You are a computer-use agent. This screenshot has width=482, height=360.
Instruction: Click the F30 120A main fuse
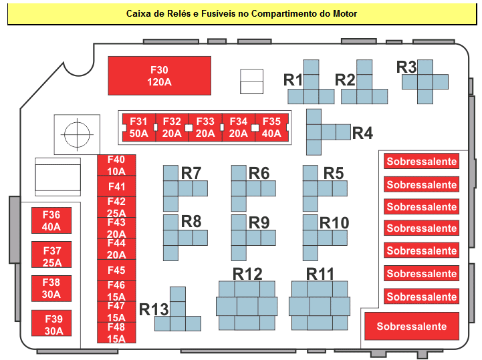(159, 75)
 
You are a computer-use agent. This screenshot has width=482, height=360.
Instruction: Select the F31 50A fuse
(139, 128)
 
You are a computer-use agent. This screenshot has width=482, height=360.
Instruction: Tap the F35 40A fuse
(271, 128)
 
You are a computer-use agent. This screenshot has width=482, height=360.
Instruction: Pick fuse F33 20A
(205, 128)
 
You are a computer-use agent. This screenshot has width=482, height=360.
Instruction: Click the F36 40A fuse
(51, 220)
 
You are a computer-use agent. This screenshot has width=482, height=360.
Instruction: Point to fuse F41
(116, 186)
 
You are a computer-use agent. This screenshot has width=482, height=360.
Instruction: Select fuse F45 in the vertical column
(116, 270)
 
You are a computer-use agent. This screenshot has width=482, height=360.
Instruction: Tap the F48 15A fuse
(116, 333)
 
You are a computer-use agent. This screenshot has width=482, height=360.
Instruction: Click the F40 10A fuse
(116, 165)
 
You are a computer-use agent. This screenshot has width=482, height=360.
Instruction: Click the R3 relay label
(406, 67)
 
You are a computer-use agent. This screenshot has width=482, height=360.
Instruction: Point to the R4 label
(362, 134)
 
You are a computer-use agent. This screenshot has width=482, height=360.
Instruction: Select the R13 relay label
(154, 309)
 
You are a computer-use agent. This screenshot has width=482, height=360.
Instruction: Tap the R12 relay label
(247, 274)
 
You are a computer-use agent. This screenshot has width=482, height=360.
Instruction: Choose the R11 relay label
(320, 274)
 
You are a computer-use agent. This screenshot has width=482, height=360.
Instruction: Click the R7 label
(191, 173)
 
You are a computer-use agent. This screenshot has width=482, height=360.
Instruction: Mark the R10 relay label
(334, 222)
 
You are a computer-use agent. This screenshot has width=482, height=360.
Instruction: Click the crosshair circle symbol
(77, 134)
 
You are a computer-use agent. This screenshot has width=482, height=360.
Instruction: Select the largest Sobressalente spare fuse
(412, 326)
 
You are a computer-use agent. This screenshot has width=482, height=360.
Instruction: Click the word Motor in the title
(345, 14)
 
